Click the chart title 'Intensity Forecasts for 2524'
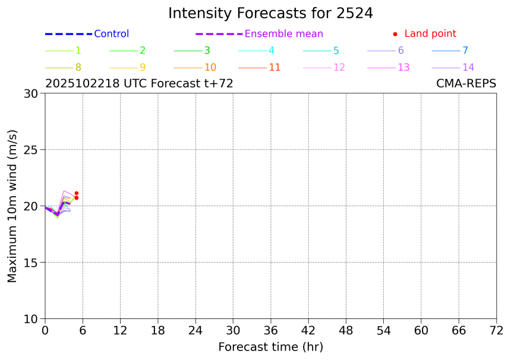pyautogui.click(x=270, y=13)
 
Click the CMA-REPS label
pyautogui.click(x=466, y=84)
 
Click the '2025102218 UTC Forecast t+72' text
pyautogui.click(x=139, y=84)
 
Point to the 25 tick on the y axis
pyautogui.click(x=30, y=150)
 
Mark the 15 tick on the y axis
pyautogui.click(x=30, y=263)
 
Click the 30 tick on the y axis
pyautogui.click(x=30, y=93)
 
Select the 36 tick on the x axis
pyautogui.click(x=271, y=330)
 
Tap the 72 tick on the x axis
pyautogui.click(x=497, y=330)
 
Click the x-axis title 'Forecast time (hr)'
pyautogui.click(x=270, y=347)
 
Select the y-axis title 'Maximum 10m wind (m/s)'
pyautogui.click(x=12, y=206)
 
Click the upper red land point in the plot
pyautogui.click(x=77, y=193)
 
